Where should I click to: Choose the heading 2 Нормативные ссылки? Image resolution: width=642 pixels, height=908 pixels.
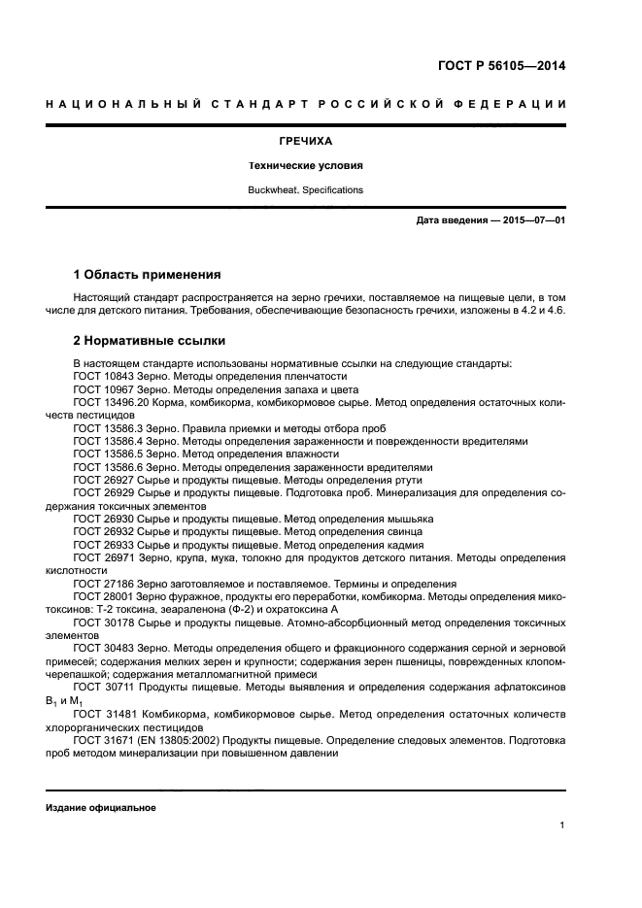tap(150, 341)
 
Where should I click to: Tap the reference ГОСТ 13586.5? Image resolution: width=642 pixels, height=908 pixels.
tap(108, 454)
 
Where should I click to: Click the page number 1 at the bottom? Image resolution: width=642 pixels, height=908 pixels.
tap(562, 825)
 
